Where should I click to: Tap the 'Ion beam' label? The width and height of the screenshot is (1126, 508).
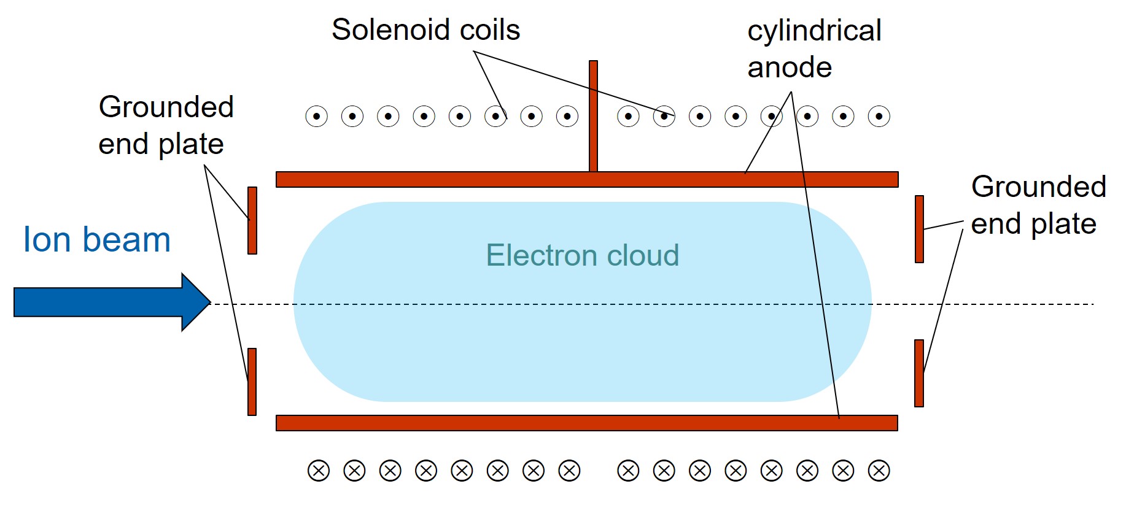[97, 239]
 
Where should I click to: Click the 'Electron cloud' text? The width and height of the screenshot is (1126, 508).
[582, 255]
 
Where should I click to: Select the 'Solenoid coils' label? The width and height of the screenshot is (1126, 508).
[425, 29]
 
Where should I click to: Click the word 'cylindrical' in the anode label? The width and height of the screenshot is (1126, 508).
[814, 31]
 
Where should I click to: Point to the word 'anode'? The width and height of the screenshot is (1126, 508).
[790, 67]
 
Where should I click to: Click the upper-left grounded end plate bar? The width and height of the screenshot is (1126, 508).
[252, 220]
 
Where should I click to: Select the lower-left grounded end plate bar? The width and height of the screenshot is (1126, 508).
[252, 382]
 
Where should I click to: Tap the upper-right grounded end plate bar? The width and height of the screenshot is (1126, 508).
[919, 229]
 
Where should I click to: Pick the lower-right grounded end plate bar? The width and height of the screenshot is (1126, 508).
[919, 373]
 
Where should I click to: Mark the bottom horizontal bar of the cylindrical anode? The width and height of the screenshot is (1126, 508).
[586, 423]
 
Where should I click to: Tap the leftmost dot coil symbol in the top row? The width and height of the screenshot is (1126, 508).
[317, 116]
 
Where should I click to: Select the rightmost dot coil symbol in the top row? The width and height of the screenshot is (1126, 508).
[879, 116]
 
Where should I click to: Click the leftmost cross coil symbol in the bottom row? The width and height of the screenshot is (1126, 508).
[319, 471]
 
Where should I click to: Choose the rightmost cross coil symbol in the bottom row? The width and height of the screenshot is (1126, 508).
[879, 471]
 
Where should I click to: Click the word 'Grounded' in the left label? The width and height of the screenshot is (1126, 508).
[166, 107]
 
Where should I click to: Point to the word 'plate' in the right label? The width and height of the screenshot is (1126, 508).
[1063, 224]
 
